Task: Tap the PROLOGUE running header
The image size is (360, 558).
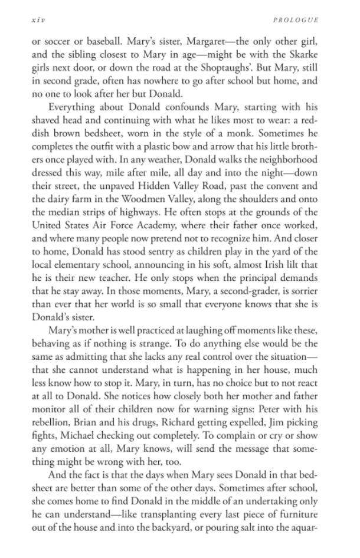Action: pos(296,19)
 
